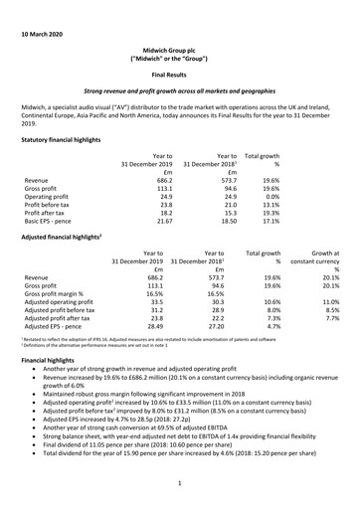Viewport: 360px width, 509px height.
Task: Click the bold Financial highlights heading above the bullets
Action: (50, 383)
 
